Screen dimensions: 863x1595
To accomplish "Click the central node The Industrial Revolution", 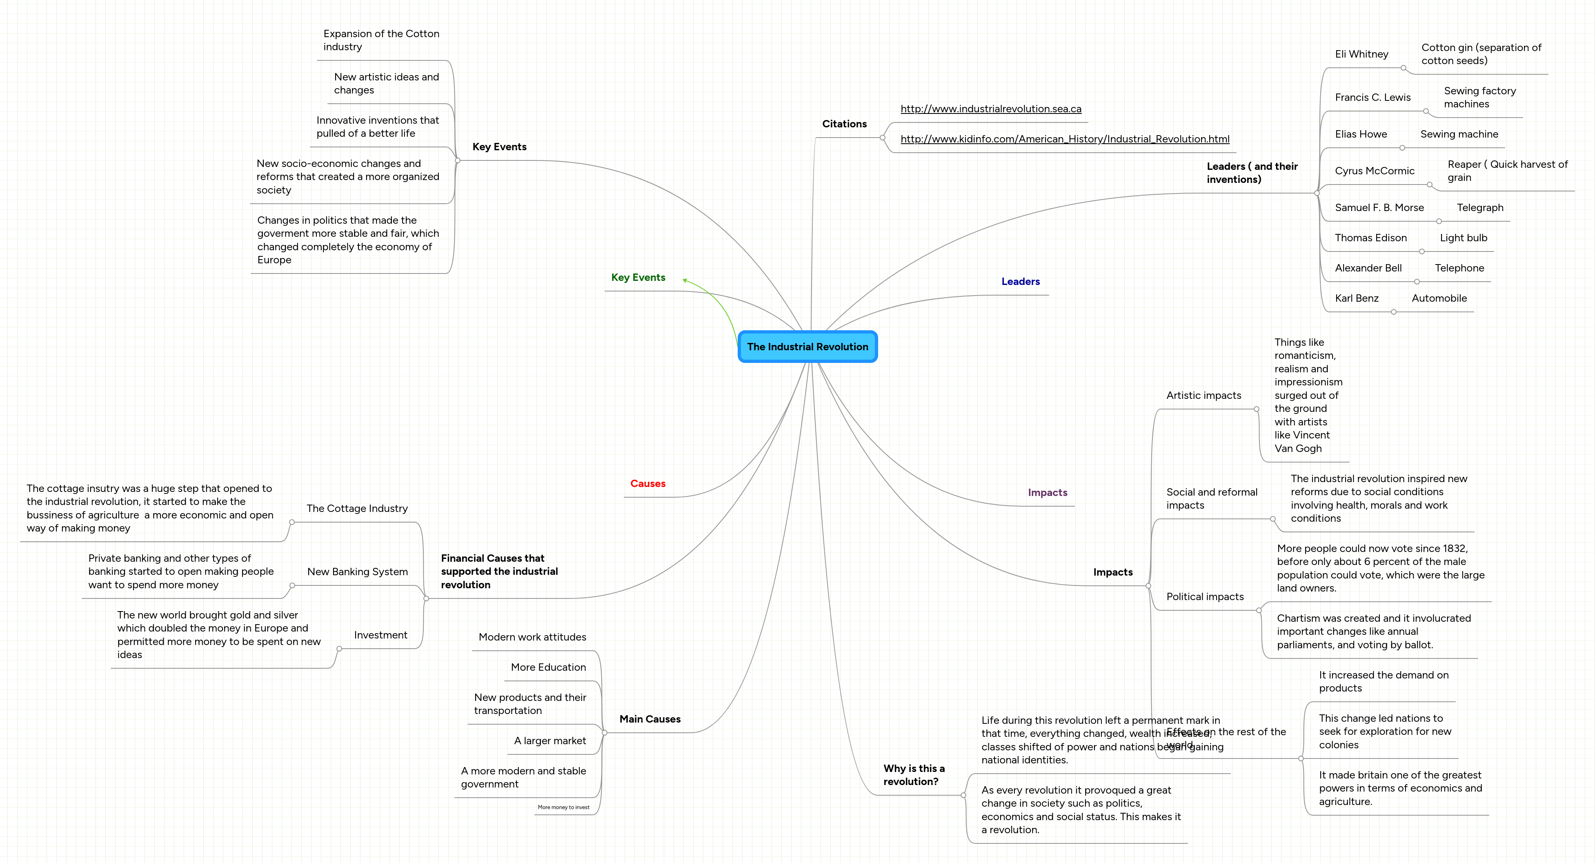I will [x=808, y=347].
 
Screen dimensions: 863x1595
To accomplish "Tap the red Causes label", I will [x=647, y=483].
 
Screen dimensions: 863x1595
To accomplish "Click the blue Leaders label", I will [x=1021, y=282].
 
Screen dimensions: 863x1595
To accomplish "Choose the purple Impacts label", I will [x=1047, y=493].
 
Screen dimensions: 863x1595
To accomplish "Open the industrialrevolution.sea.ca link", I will [x=991, y=109].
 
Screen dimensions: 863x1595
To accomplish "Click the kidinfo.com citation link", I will [x=1064, y=139].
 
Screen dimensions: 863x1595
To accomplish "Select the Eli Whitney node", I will [x=1361, y=54].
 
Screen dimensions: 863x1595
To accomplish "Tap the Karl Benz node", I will [x=1356, y=298].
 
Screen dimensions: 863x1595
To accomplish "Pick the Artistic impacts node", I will [x=1203, y=396].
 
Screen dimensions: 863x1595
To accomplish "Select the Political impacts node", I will [x=1204, y=597].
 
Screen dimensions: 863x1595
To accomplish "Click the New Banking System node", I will [x=357, y=572].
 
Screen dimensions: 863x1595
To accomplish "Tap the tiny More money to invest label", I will [x=563, y=807].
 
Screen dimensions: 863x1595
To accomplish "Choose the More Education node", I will [x=548, y=667].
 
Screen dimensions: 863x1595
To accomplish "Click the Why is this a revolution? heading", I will [x=913, y=775].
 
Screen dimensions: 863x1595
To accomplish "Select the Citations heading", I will [x=844, y=124].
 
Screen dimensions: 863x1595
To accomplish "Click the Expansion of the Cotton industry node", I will [x=381, y=40].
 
